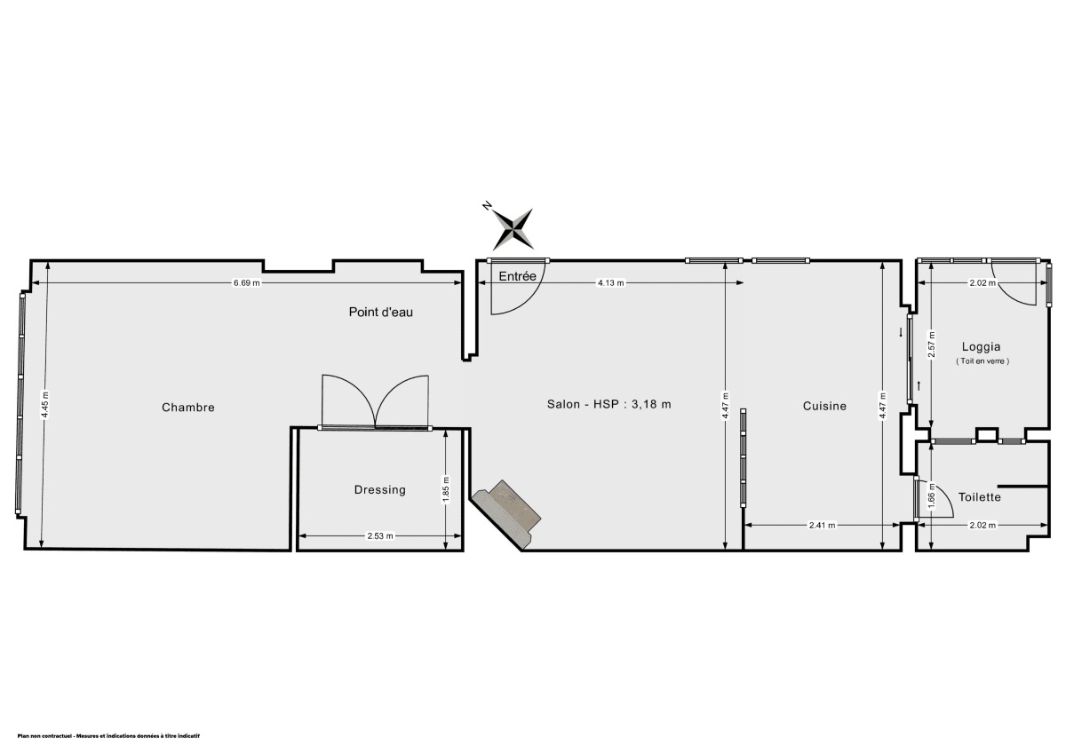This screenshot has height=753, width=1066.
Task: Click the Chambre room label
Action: (x=188, y=408)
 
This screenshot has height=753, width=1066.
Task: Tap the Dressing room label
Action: (x=379, y=489)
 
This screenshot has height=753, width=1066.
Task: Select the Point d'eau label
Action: (x=380, y=312)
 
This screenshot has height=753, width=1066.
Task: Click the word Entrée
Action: (x=517, y=276)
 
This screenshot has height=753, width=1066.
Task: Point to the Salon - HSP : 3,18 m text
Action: (x=609, y=404)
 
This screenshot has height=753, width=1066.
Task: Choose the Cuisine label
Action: (x=824, y=406)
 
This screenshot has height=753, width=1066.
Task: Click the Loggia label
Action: (x=982, y=347)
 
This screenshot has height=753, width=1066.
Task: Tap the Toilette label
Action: (x=979, y=497)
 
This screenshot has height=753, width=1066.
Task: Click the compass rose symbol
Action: (x=513, y=227)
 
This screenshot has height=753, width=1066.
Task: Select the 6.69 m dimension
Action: (x=247, y=283)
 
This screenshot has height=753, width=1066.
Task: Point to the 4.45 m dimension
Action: (x=44, y=406)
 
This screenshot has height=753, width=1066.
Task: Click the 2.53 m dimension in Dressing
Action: (x=379, y=536)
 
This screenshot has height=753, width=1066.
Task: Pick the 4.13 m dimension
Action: (x=609, y=283)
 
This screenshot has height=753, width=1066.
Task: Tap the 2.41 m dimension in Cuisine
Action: (x=822, y=525)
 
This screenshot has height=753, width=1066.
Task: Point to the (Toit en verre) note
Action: (x=982, y=361)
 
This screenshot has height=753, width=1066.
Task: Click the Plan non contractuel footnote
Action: (x=108, y=736)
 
